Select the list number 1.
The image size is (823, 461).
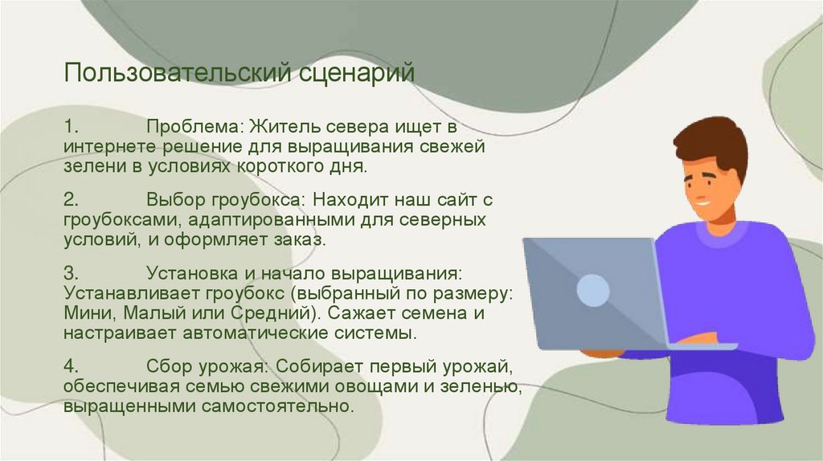(71, 128)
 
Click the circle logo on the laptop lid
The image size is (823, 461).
(593, 290)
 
